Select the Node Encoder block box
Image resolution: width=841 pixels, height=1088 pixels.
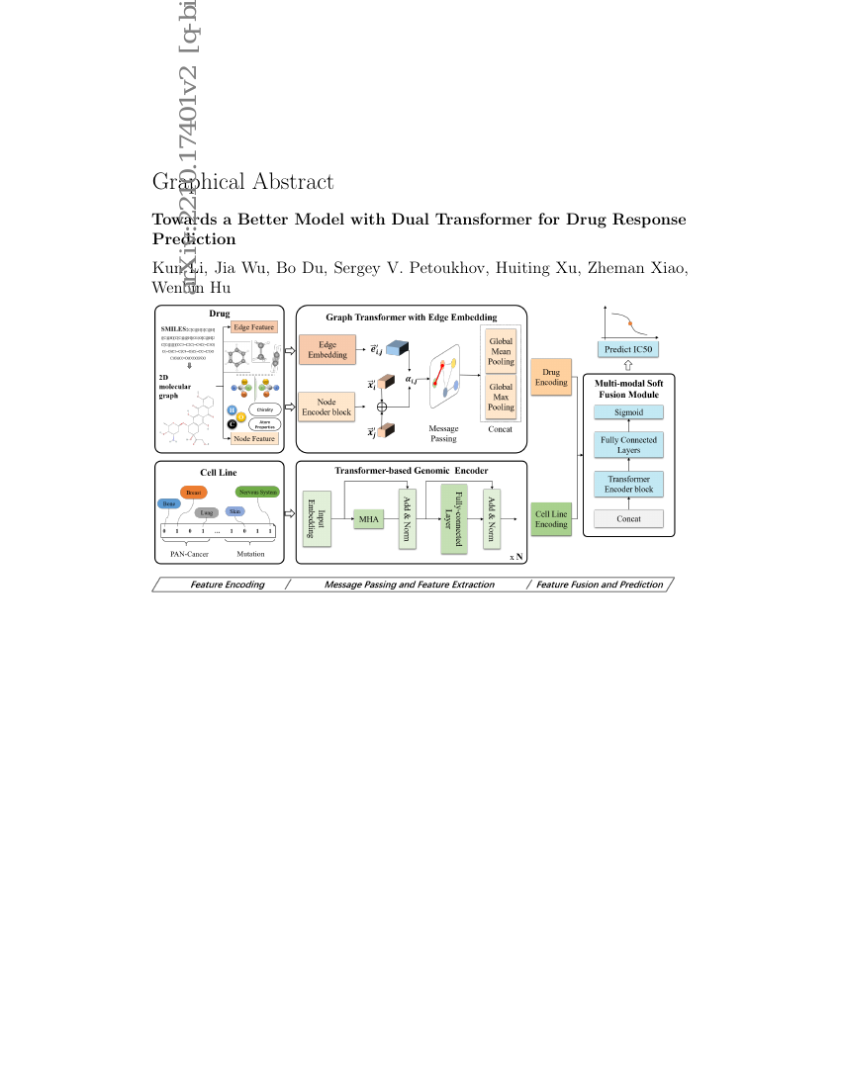pyautogui.click(x=326, y=406)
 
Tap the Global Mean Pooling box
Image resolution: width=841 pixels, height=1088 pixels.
pyautogui.click(x=501, y=351)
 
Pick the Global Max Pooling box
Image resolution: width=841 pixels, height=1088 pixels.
pyautogui.click(x=501, y=397)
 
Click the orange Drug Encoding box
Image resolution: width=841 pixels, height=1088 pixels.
pyautogui.click(x=551, y=377)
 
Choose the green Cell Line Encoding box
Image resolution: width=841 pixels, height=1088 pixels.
pyautogui.click(x=551, y=518)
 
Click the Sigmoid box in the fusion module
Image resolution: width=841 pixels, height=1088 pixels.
pyautogui.click(x=628, y=411)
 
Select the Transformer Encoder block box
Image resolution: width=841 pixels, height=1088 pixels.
pyautogui.click(x=628, y=484)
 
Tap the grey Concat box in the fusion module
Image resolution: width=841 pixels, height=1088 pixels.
pyautogui.click(x=628, y=518)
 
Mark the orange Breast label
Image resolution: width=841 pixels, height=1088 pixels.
pyautogui.click(x=192, y=492)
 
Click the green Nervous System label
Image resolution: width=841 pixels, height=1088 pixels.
pyautogui.click(x=257, y=492)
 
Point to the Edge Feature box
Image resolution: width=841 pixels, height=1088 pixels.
pyautogui.click(x=254, y=326)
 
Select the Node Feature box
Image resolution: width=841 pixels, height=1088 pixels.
pyautogui.click(x=254, y=438)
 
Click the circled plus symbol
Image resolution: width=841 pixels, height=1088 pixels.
pyautogui.click(x=382, y=406)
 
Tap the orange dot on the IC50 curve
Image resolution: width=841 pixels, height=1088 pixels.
pyautogui.click(x=629, y=323)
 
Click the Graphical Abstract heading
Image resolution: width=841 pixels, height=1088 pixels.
pyautogui.click(x=242, y=182)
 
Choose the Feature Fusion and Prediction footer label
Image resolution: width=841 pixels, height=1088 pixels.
pyautogui.click(x=600, y=585)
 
